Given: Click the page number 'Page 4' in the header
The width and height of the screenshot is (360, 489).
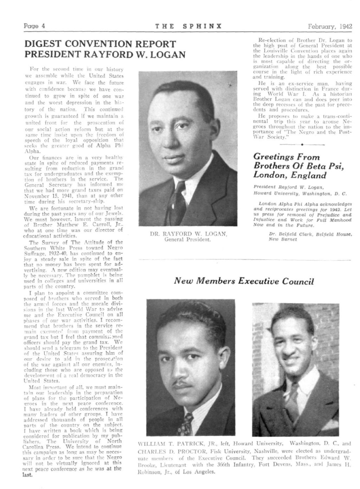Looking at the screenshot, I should pyautogui.click(x=32, y=26).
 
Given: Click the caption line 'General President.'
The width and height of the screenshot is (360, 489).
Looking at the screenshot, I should pyautogui.click(x=188, y=240).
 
